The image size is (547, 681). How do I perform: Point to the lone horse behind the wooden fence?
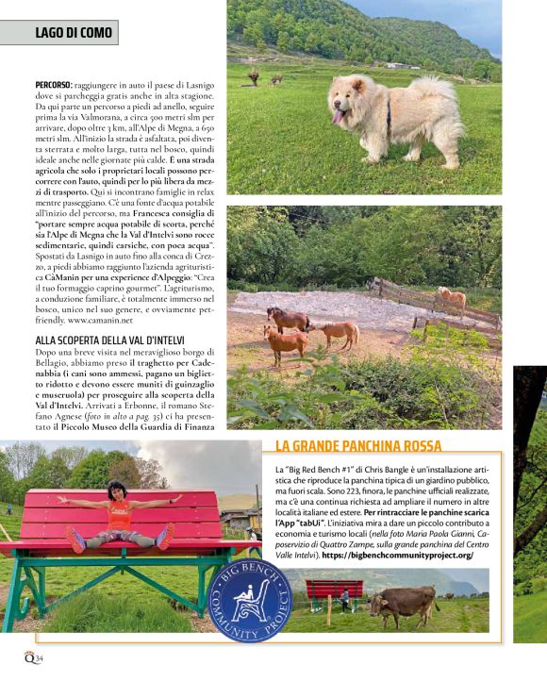coord(453,297)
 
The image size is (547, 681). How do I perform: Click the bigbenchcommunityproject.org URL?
coord(397,556)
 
